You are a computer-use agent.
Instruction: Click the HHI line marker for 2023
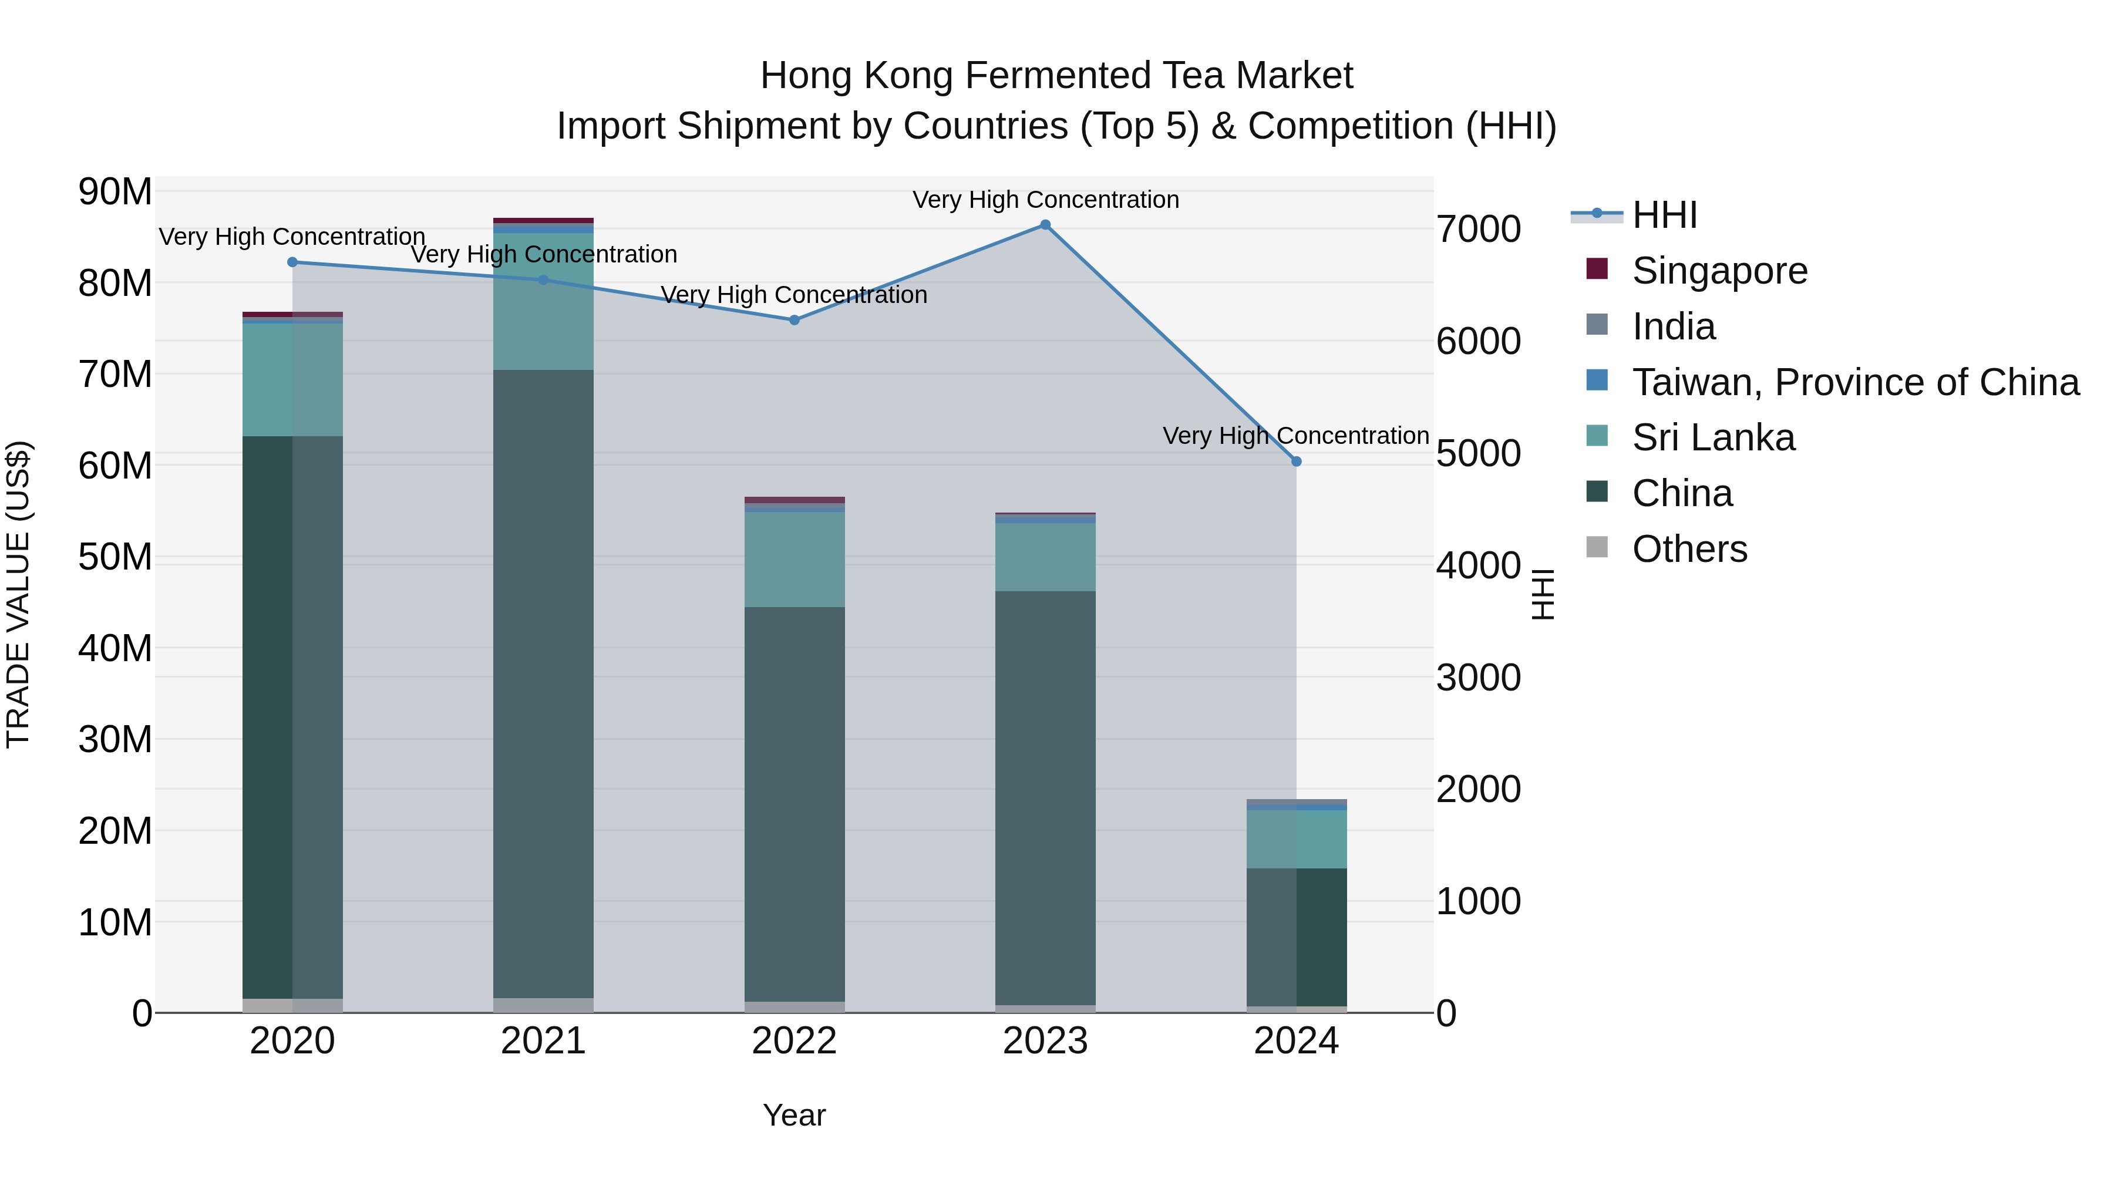[x=1045, y=225]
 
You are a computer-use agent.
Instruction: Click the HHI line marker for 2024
[x=1296, y=461]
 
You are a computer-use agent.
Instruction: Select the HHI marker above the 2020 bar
[x=292, y=262]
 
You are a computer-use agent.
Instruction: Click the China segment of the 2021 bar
[x=543, y=681]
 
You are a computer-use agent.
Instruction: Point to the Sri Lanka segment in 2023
[x=1045, y=557]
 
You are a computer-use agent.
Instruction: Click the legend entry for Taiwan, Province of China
[x=1854, y=382]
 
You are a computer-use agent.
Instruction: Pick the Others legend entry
[x=1689, y=549]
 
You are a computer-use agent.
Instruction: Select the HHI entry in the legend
[x=1664, y=215]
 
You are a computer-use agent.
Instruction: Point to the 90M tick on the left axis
[x=115, y=192]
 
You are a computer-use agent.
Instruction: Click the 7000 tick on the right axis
[x=1478, y=229]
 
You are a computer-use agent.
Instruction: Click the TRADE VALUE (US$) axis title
[x=19, y=594]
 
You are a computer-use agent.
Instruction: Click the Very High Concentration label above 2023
[x=1045, y=200]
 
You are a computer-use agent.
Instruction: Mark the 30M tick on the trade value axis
[x=115, y=739]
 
